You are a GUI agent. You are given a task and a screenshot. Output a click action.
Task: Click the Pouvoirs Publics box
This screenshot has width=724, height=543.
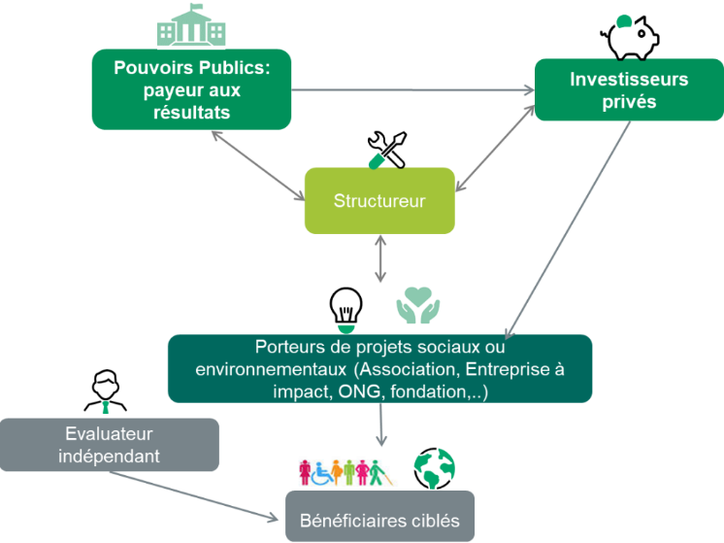[191, 89]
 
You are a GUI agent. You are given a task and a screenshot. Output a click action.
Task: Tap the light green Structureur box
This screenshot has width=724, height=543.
[379, 201]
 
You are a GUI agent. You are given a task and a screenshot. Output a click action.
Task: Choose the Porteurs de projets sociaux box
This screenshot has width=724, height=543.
[379, 369]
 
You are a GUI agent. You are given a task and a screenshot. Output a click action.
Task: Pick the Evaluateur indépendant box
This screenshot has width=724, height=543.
[109, 445]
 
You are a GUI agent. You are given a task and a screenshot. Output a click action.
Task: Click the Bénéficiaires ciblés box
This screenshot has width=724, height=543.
[379, 517]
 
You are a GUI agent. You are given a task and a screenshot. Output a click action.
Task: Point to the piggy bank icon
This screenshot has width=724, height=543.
[629, 36]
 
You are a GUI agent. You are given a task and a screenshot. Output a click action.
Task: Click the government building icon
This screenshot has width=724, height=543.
[191, 28]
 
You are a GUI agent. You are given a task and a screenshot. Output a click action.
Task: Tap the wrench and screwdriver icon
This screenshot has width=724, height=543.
[386, 149]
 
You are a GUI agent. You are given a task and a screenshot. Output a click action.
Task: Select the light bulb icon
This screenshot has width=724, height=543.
[346, 306]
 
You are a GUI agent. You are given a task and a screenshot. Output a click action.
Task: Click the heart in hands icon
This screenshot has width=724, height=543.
[418, 305]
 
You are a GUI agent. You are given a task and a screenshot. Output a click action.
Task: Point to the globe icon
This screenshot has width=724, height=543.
[434, 468]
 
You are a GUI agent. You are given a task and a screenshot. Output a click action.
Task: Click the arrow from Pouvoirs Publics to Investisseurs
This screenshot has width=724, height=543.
[412, 91]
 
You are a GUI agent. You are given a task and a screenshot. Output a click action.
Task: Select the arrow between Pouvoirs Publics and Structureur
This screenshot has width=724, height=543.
[257, 166]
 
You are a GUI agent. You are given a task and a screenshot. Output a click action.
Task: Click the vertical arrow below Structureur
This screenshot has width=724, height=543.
[379, 259]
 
